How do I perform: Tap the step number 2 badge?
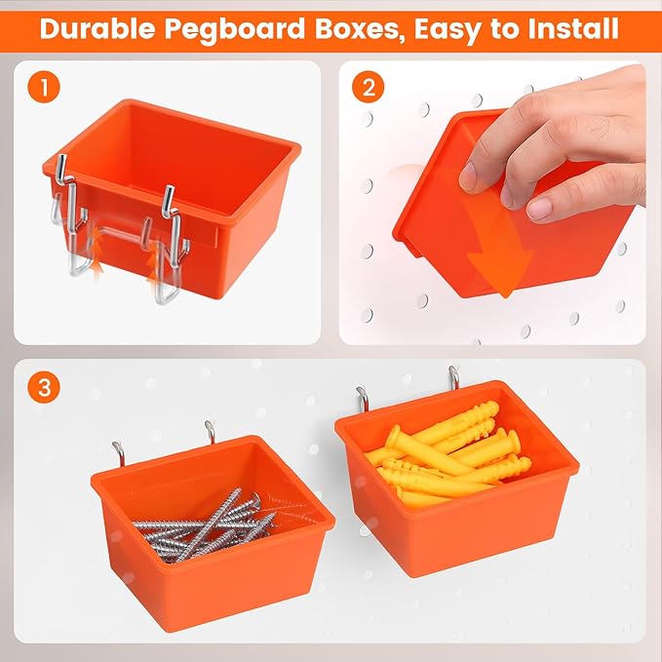tap(368, 88)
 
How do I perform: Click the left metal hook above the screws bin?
tap(118, 451)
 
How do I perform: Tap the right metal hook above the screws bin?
tap(209, 429)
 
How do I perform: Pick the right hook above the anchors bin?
tap(453, 374)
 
